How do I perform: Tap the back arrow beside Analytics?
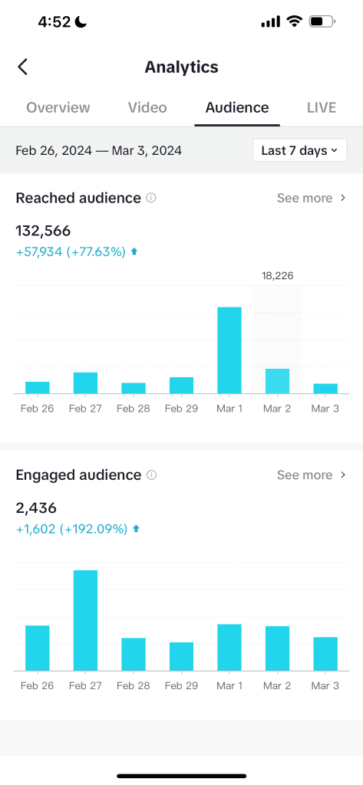[x=23, y=67]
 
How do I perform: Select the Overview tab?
[x=58, y=107]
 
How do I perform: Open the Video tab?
[x=147, y=107]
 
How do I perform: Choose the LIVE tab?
[x=322, y=107]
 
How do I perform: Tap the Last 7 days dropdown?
[x=299, y=150]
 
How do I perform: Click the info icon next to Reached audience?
[x=151, y=198]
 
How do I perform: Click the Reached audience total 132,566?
[x=44, y=231]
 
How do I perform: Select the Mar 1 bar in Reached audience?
[x=229, y=350]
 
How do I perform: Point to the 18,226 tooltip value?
[x=277, y=275]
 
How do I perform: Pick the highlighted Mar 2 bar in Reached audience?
[x=277, y=381]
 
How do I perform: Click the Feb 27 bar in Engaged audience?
[x=85, y=620]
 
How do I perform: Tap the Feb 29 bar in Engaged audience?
[x=181, y=656]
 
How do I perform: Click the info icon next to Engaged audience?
[x=152, y=475]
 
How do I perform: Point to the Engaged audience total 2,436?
[x=36, y=507]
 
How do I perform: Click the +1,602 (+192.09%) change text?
[x=71, y=528]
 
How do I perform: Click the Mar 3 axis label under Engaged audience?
[x=325, y=685]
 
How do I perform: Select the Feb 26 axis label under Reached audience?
[x=37, y=409]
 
